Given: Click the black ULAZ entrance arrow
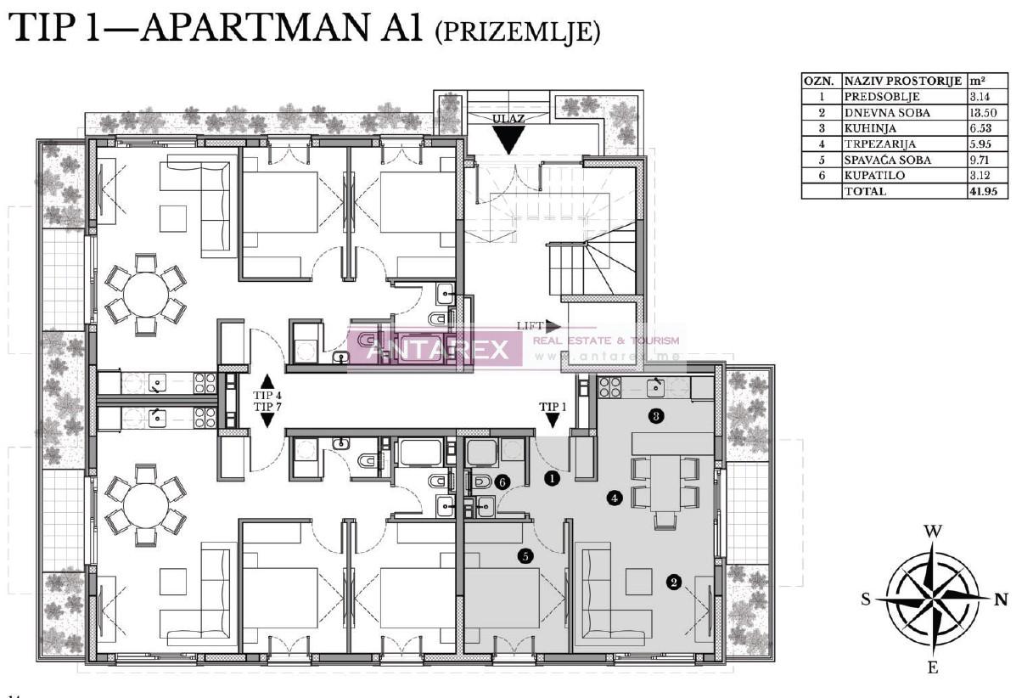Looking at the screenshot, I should click(x=507, y=139).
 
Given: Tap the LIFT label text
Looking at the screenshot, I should click(x=530, y=326).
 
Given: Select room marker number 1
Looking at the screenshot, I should click(x=553, y=479).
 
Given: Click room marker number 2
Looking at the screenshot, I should click(x=674, y=583).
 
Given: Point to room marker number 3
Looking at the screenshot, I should click(x=654, y=416).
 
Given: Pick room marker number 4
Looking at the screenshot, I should click(x=614, y=498).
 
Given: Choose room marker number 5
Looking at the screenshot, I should click(x=526, y=556).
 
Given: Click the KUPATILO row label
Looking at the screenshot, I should click(x=874, y=176).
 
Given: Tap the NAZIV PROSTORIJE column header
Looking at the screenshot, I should click(x=903, y=82).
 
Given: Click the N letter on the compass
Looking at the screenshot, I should click(x=1002, y=599).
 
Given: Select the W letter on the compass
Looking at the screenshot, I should click(x=933, y=532).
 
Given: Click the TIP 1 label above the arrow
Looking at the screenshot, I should click(x=553, y=407).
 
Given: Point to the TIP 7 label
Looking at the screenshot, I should click(x=267, y=407).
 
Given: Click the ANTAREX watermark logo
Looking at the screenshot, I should click(x=434, y=349).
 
